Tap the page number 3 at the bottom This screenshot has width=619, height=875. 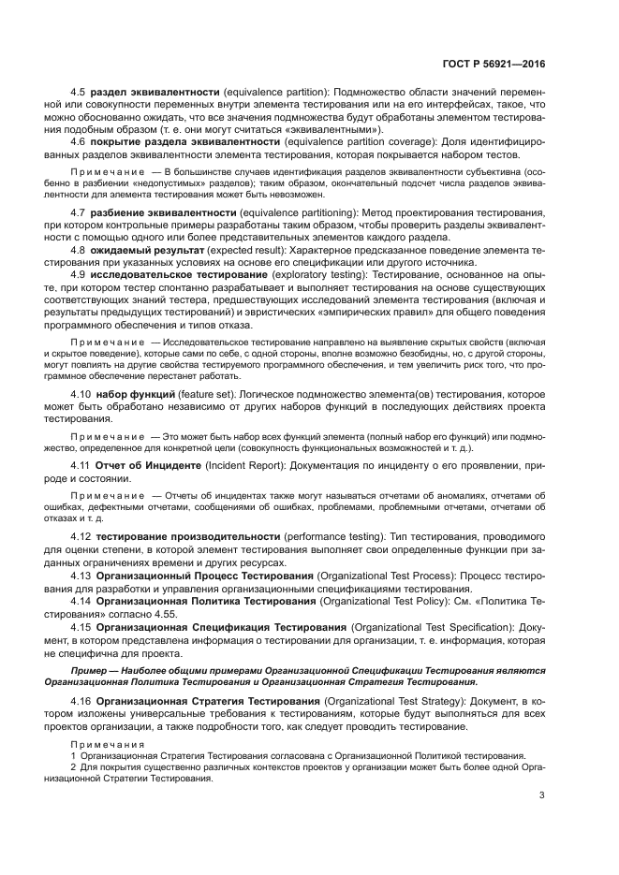(542, 796)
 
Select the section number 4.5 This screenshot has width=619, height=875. (79, 91)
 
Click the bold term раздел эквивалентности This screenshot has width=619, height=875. (155, 91)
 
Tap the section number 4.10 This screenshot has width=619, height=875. (81, 395)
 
